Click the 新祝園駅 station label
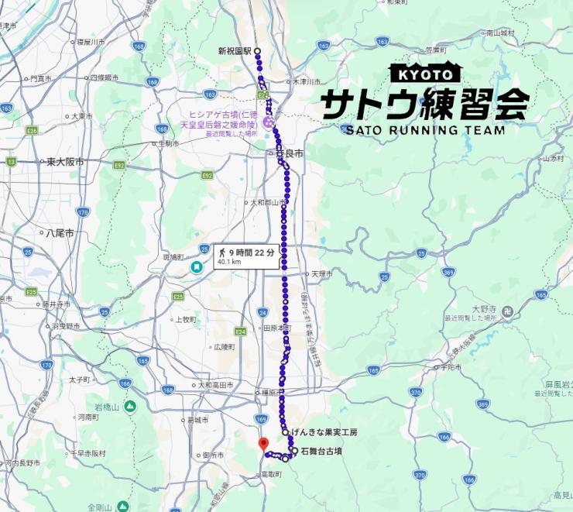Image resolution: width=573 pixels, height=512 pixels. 234,51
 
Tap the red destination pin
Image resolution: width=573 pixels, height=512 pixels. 262,444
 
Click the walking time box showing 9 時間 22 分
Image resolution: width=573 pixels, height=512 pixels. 246,256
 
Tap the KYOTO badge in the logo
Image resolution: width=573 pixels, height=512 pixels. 425,74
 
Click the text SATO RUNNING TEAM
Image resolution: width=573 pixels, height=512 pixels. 425,129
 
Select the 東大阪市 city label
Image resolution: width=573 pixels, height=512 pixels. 63,162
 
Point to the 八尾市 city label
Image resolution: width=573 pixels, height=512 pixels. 60,232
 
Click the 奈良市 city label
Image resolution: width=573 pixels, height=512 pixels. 290,154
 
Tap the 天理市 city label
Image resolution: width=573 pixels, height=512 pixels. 321,274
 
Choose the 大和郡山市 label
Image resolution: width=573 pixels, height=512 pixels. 263,202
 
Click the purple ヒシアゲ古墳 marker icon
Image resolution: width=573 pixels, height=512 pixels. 269,122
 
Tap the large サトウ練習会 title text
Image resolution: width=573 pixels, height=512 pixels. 425,102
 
